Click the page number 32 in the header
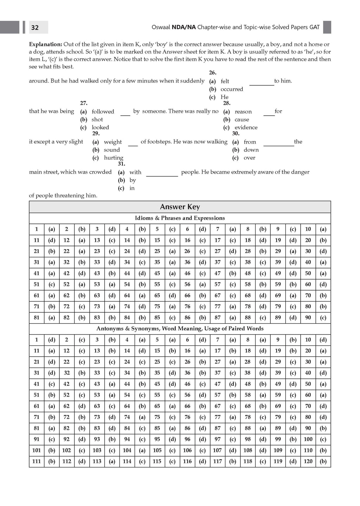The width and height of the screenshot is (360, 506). [x=35, y=27]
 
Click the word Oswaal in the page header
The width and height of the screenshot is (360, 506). [x=161, y=27]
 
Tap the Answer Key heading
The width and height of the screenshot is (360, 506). [x=180, y=207]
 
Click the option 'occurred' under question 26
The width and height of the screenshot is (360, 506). [x=232, y=89]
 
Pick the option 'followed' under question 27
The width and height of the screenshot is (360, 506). [x=103, y=112]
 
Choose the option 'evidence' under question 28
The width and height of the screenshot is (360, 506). [x=246, y=128]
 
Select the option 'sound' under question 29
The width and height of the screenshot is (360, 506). [x=111, y=150]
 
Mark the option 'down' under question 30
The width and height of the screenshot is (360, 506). [x=251, y=150]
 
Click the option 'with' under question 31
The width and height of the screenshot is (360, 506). [x=135, y=172]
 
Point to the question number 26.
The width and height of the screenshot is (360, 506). [x=212, y=73]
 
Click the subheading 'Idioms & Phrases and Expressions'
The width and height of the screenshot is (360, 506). [x=180, y=218]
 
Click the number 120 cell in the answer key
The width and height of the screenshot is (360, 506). [x=308, y=461]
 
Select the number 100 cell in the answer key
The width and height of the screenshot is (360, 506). [x=308, y=439]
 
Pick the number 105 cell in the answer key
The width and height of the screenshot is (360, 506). [x=157, y=450]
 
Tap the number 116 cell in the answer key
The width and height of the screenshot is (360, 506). [x=187, y=461]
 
